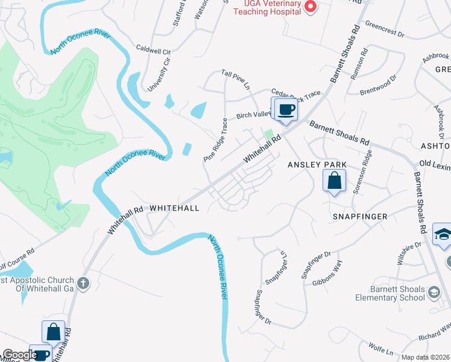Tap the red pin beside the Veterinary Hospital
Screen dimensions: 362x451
pos(311,7)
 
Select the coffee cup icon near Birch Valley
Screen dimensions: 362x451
pos(286,110)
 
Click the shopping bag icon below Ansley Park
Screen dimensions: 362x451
pos(334,180)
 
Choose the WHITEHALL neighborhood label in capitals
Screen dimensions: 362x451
pos(174,207)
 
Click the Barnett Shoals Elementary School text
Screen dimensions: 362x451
pos(390,294)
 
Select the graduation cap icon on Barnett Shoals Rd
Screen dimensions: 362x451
pos(443,235)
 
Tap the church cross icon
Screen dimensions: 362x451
pos(83,282)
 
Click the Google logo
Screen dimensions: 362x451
pos(19,355)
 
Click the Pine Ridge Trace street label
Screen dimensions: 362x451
pos(216,139)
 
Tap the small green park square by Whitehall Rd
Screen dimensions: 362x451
pos(269,133)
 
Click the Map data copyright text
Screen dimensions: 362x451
pos(426,357)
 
